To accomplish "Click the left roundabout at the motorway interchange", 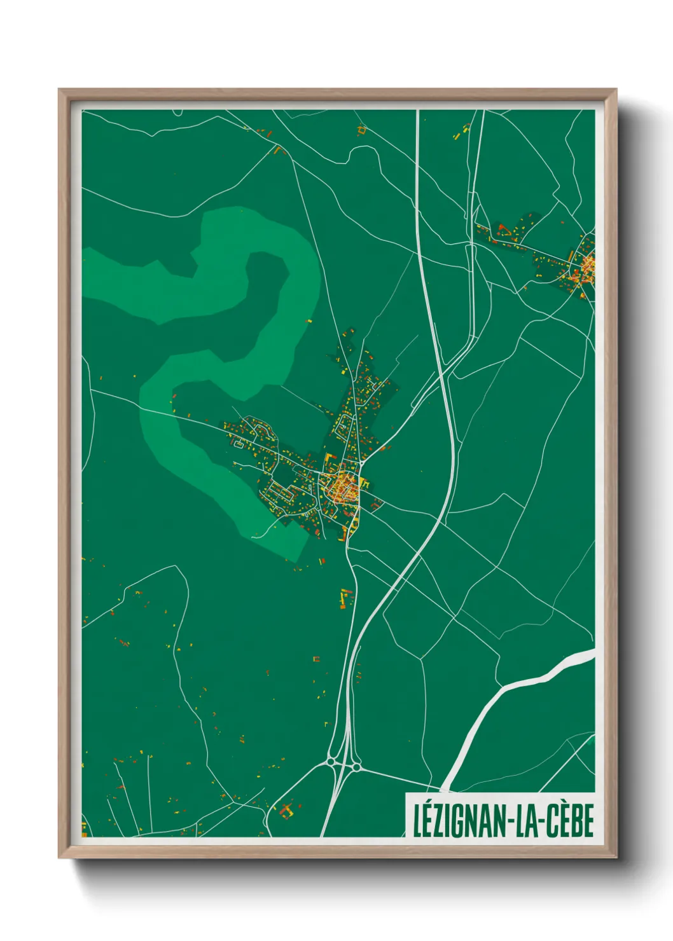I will coord(331,761).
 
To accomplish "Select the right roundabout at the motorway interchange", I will coord(357,768).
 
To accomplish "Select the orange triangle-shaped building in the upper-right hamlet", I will coord(501,226).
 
